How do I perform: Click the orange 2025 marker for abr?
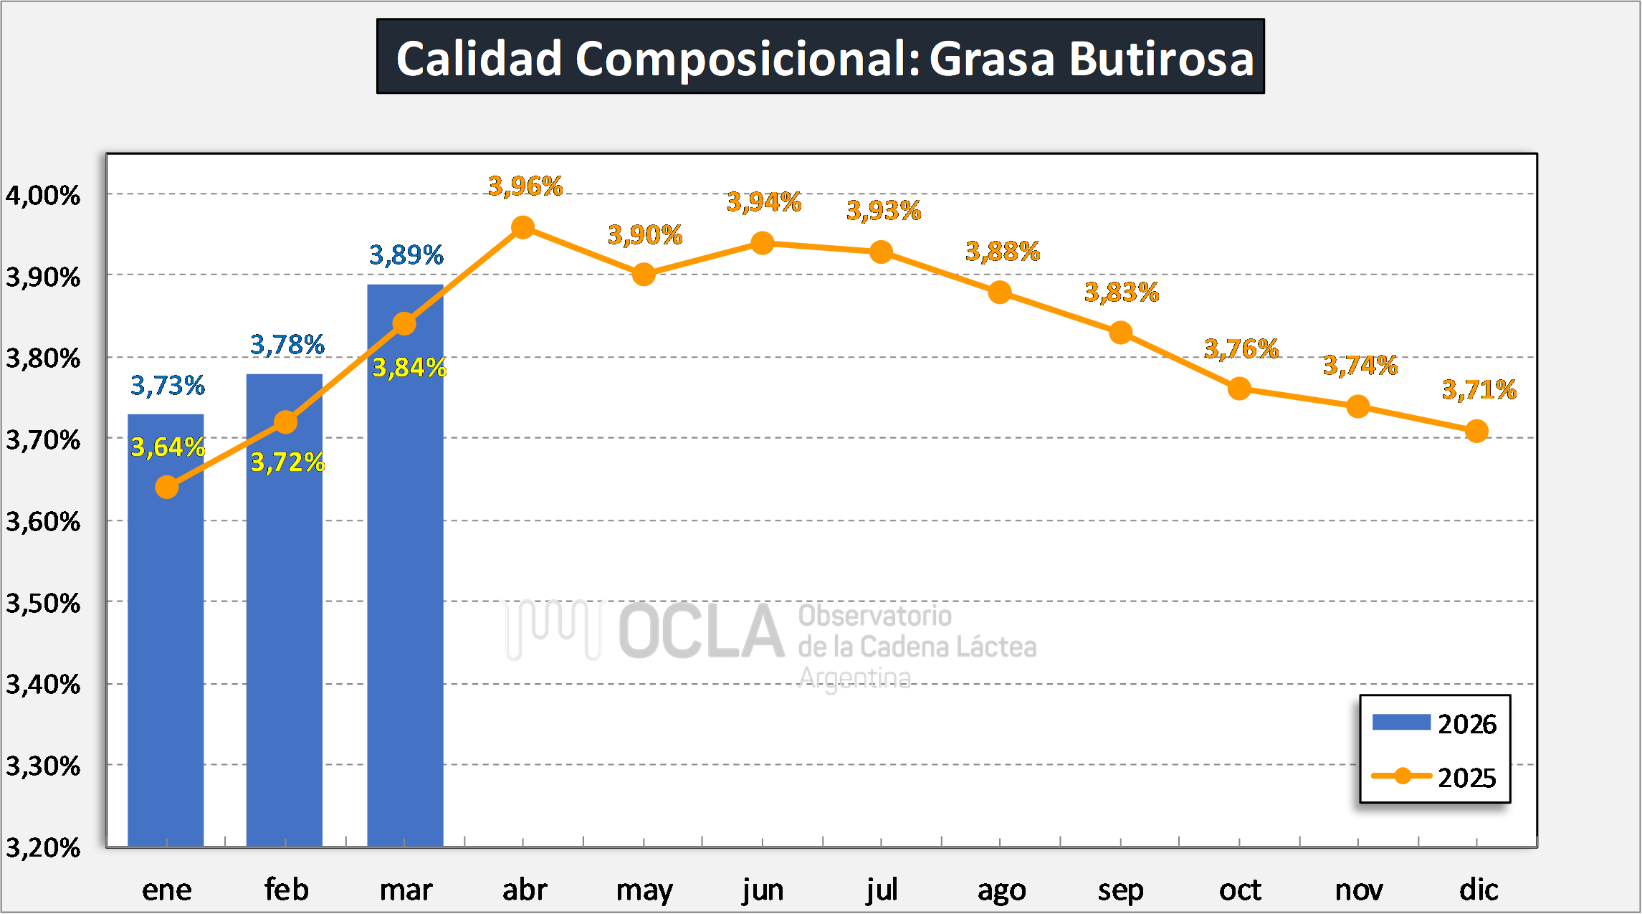[523, 228]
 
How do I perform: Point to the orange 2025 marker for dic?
[1476, 431]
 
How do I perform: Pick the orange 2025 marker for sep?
[1120, 333]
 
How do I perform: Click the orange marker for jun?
[763, 244]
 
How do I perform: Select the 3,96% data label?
[525, 186]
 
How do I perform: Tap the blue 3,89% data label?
[406, 254]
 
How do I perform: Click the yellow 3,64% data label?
[168, 447]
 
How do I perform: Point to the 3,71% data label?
[1479, 389]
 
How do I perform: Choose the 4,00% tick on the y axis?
[43, 195]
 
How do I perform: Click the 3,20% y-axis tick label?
[43, 847]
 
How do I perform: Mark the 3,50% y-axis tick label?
[43, 603]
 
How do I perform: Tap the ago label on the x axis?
[1001, 890]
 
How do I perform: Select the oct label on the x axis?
[1240, 890]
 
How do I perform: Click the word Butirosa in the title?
[1161, 58]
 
